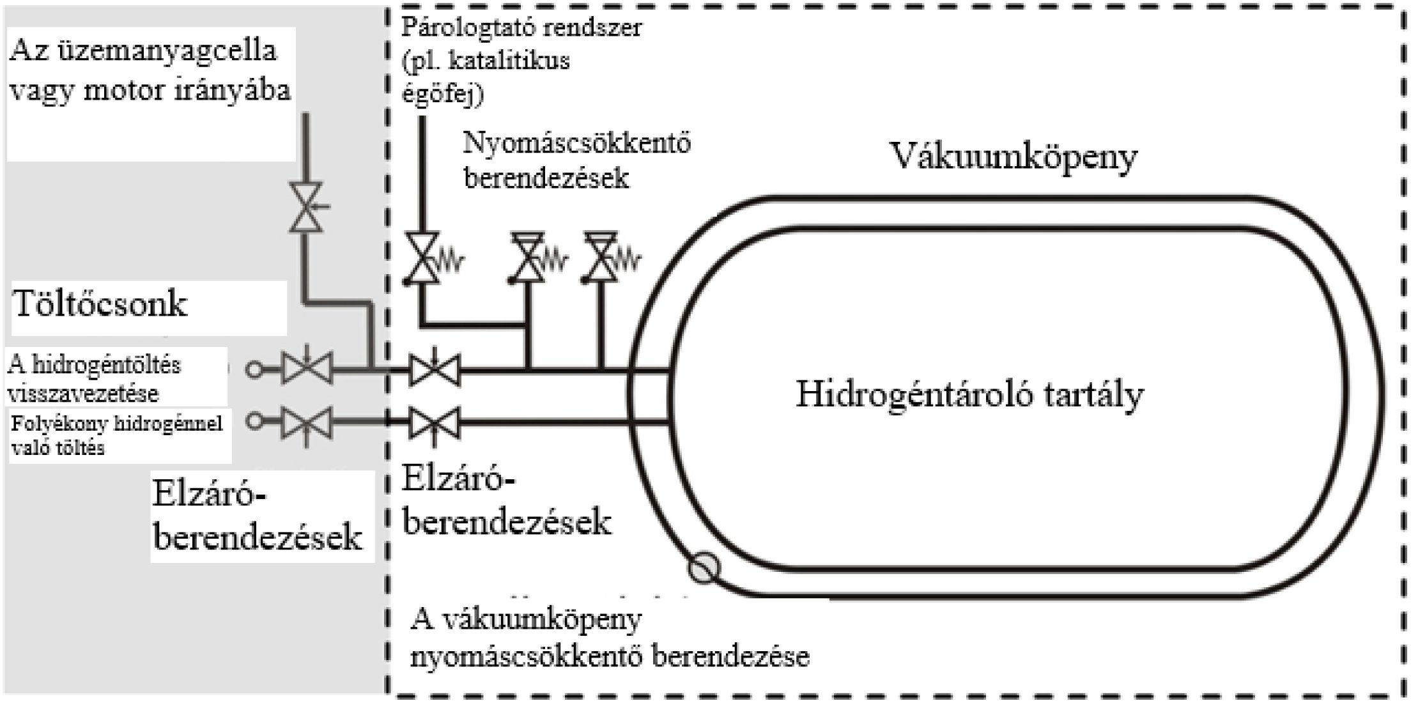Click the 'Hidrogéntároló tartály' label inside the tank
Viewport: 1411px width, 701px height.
point(969,394)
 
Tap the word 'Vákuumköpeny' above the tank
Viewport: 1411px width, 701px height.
point(1014,157)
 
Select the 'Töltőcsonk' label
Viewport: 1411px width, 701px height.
point(100,304)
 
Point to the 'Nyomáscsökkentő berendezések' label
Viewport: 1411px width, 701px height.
point(576,160)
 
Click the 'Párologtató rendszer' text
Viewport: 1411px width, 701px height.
point(521,28)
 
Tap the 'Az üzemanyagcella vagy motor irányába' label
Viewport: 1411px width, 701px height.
point(150,70)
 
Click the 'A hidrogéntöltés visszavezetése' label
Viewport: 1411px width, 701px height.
point(95,379)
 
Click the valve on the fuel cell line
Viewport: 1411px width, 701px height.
point(306,207)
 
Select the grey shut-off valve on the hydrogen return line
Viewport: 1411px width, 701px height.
point(307,369)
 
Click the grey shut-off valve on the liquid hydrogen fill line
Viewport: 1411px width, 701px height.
point(307,422)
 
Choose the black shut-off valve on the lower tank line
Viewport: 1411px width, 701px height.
point(435,423)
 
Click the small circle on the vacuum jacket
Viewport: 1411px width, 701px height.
point(704,567)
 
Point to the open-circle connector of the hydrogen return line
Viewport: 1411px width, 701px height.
point(254,369)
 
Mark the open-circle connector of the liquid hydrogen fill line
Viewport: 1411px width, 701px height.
point(254,422)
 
